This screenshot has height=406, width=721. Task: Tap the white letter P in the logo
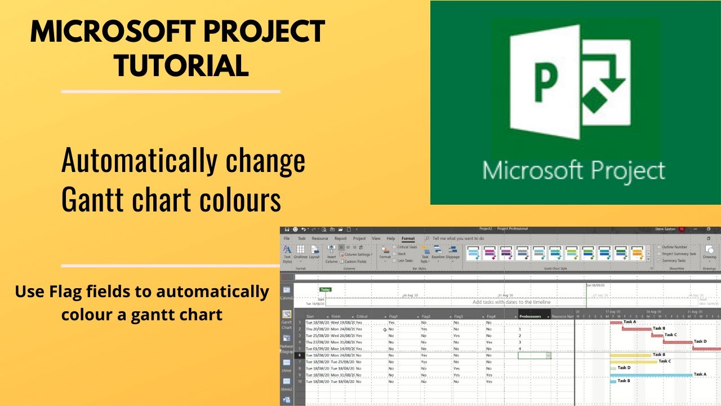tap(545, 83)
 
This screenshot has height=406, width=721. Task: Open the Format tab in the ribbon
tap(408, 239)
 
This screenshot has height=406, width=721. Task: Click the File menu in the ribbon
tap(287, 239)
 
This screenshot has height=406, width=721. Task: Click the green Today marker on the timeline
tap(326, 289)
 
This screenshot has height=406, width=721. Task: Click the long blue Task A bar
tap(651, 375)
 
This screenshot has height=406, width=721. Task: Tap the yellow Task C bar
tap(634, 361)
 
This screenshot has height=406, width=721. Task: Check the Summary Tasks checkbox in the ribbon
tap(660, 261)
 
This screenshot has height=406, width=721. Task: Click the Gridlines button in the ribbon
tap(300, 253)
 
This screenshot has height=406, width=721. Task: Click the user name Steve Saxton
tap(665, 230)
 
